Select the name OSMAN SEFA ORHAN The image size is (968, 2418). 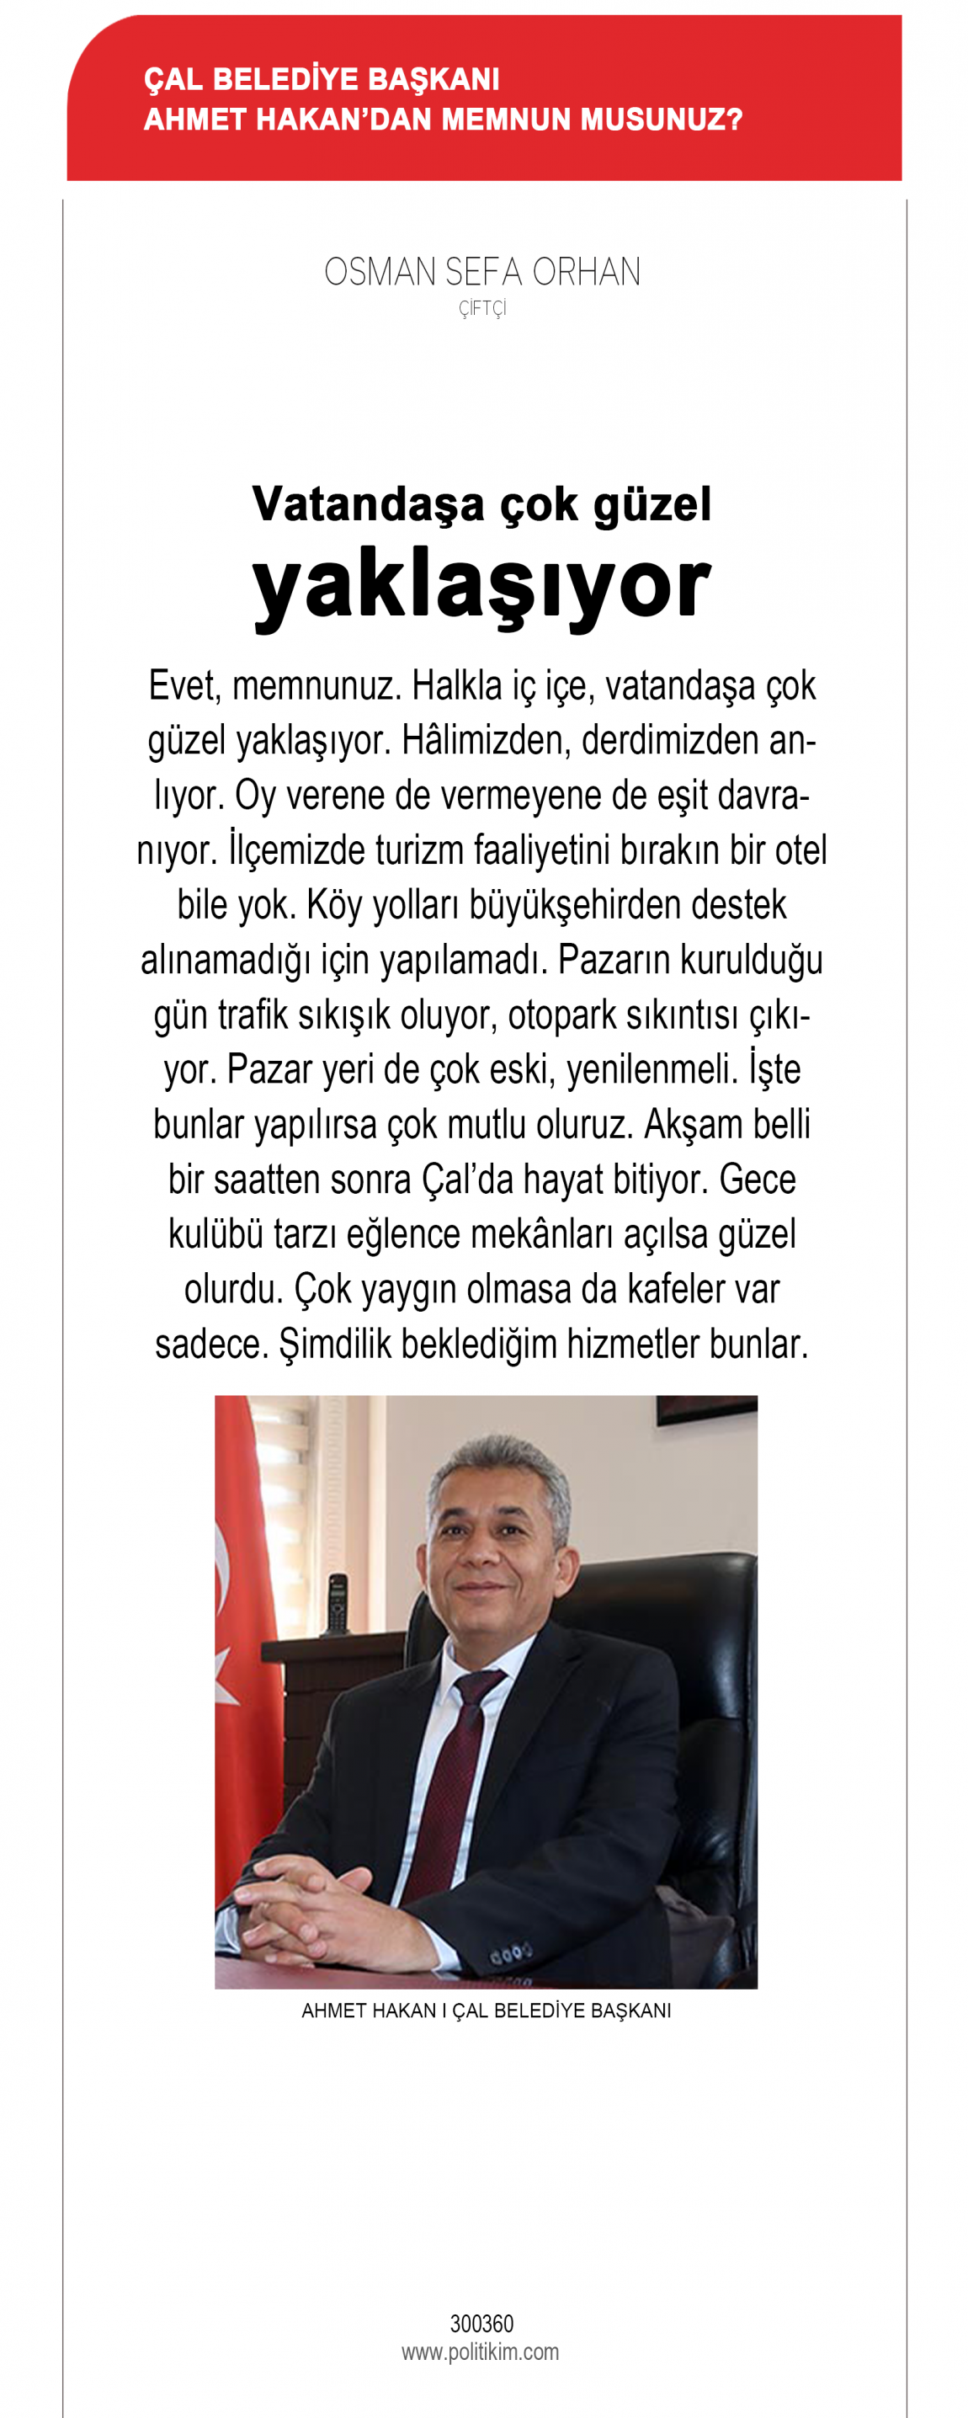(x=482, y=272)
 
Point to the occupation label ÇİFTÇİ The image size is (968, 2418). (x=482, y=309)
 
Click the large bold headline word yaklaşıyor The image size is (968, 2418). (x=481, y=587)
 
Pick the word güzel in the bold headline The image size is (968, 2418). (x=652, y=505)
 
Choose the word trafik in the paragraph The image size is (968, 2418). (x=253, y=1015)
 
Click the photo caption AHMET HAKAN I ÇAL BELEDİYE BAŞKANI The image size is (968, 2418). (x=486, y=2011)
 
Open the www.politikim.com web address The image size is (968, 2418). (x=480, y=2351)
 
